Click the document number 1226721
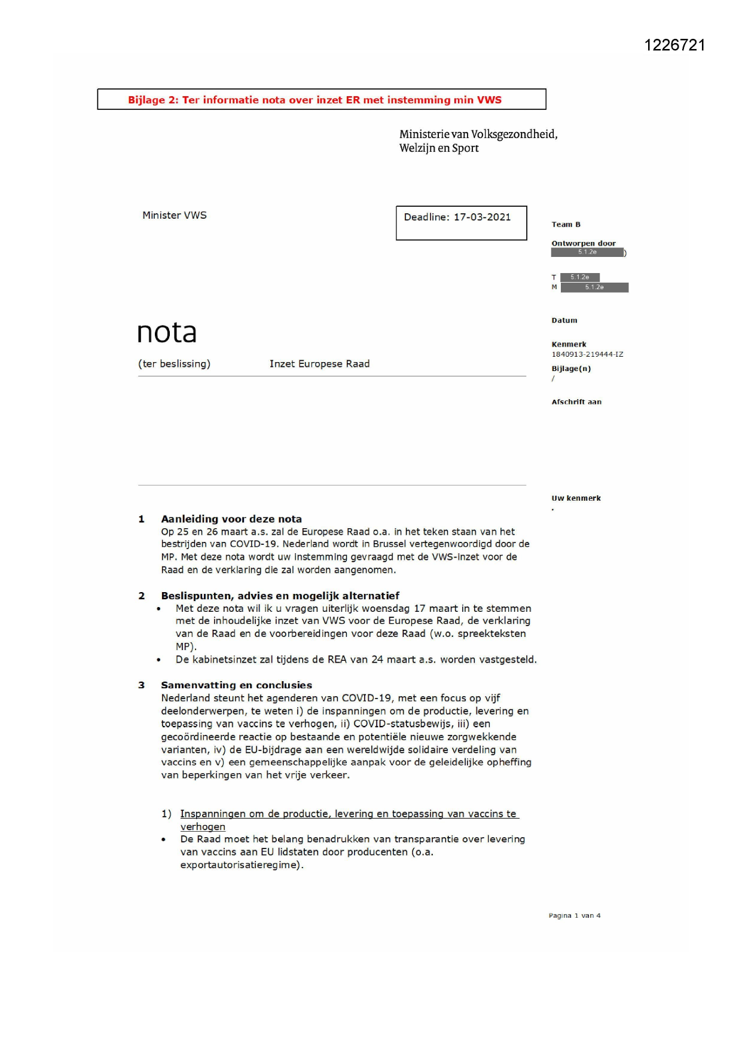tap(674, 45)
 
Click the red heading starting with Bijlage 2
tap(314, 100)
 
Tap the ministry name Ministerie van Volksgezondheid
tap(478, 134)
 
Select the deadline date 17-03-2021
tap(482, 217)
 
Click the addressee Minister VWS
tap(175, 215)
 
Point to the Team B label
tap(566, 225)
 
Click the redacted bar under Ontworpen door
tap(587, 252)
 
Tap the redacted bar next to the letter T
tap(580, 277)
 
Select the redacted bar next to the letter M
tap(594, 287)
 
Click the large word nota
tap(167, 332)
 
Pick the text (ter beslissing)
tap(174, 364)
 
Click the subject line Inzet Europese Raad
tap(319, 364)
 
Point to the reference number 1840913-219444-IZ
tap(587, 354)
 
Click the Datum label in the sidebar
tap(564, 320)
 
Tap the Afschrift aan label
tap(576, 402)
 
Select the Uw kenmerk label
tap(576, 498)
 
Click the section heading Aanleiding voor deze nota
tap(231, 519)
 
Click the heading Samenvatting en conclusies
tap(236, 685)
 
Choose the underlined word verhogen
tap(203, 827)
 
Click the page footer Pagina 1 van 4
tap(575, 915)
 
